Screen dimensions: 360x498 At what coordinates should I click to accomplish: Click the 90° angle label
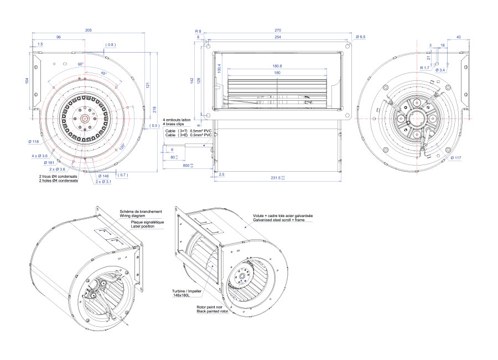point(81,64)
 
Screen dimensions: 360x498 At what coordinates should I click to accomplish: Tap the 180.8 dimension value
point(277,66)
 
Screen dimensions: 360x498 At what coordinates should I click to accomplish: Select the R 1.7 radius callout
point(424,68)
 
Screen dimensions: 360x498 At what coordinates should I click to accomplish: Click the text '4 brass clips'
point(175,124)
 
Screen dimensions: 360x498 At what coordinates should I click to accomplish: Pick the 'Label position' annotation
point(145,225)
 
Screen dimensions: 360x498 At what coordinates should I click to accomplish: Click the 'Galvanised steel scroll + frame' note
point(281,220)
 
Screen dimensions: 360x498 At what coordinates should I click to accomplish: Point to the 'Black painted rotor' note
point(212,311)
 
